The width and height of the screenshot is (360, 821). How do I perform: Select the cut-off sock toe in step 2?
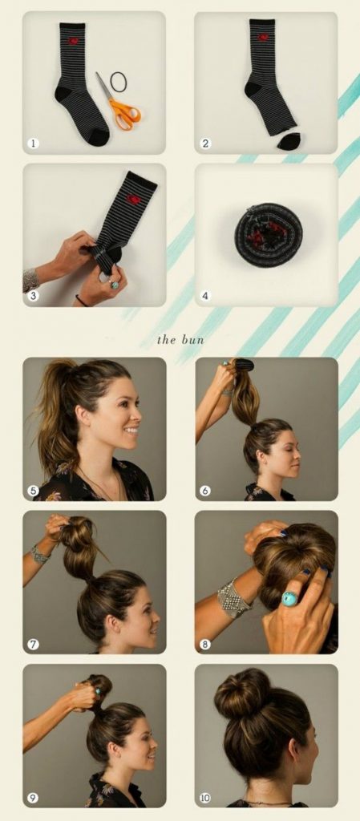point(289,141)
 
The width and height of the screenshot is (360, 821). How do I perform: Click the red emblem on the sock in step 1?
point(73,41)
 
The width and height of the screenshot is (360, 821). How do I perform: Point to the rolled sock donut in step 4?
point(269,235)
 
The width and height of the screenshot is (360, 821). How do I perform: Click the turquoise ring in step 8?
point(290,598)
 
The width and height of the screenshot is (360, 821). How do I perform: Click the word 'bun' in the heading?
point(192,340)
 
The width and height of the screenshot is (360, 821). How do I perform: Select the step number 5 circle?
point(34,491)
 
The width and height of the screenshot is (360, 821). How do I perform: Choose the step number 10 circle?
point(205,798)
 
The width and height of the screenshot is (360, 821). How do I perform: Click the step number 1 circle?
point(34,143)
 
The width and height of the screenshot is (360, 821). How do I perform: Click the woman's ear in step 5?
point(83,415)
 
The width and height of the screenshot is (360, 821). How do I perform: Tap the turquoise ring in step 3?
point(115,285)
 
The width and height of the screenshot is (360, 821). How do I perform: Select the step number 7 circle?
point(34,644)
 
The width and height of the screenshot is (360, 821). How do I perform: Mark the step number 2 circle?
point(205,143)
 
